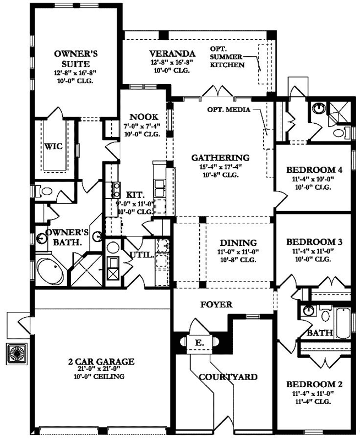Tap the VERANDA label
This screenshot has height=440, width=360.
[x=172, y=53]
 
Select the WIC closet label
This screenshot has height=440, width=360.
[x=53, y=146]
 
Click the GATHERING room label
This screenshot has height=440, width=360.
[x=220, y=157]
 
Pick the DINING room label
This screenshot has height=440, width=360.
[x=238, y=243]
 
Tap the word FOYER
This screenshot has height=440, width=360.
[x=216, y=305]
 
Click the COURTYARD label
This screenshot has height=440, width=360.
[x=228, y=377]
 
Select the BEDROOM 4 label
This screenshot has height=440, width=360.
[x=314, y=170]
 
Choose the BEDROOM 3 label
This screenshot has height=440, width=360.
[x=314, y=241]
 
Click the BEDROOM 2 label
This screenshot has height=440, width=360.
[x=314, y=384]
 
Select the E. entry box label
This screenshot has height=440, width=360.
[x=199, y=343]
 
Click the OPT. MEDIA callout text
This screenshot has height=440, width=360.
[x=228, y=109]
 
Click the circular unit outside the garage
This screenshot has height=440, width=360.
[x=17, y=353]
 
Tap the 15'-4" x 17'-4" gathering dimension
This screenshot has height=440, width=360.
[x=220, y=167]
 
